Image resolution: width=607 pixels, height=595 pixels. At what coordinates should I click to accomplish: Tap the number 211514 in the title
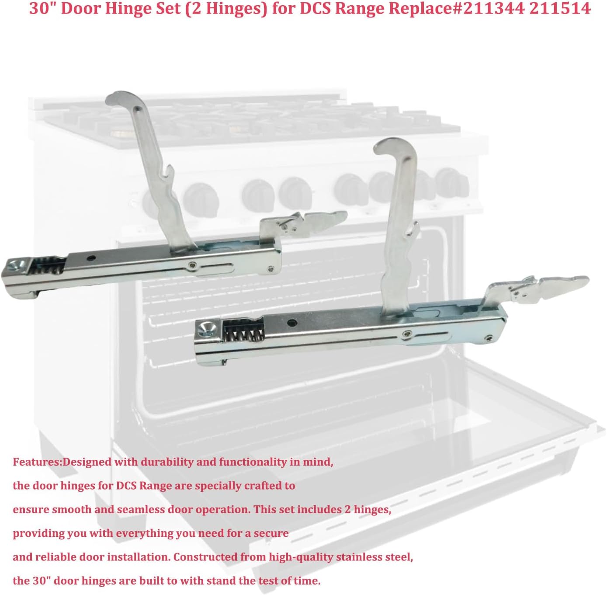click(560, 8)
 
